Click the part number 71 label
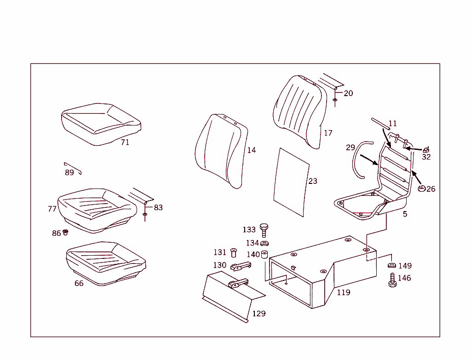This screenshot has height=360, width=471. (x=125, y=143)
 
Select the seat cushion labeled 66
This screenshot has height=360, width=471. (x=105, y=262)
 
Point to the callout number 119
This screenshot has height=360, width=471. (x=344, y=292)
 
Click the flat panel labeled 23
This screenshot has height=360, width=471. (x=291, y=182)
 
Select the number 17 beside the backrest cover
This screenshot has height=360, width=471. (x=328, y=133)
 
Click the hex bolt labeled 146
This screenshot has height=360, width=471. (x=392, y=280)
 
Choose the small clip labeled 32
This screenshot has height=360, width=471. (x=426, y=149)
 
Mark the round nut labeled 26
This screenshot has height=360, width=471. (x=421, y=188)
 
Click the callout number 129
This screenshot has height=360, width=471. (x=259, y=314)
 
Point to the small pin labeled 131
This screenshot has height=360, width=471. (x=233, y=252)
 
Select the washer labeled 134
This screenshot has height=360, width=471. (x=265, y=243)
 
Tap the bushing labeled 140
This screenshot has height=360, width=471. (x=265, y=254)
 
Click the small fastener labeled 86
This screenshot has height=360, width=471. (x=65, y=232)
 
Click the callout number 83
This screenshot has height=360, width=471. (x=158, y=208)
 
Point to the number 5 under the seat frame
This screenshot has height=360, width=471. (x=405, y=214)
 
